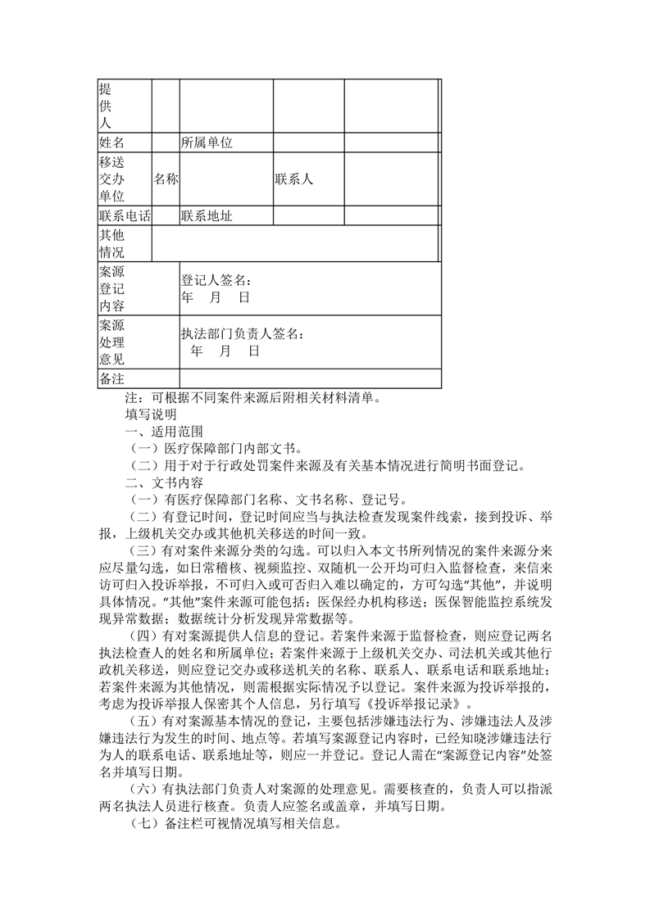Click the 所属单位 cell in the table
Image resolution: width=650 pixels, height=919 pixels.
tap(207, 143)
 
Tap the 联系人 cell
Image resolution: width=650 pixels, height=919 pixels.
tap(293, 179)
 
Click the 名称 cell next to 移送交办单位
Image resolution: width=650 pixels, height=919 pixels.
tap(166, 179)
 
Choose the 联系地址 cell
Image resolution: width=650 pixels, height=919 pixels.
tap(207, 216)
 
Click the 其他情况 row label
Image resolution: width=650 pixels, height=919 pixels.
tap(111, 243)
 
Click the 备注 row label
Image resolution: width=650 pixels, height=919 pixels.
tap(111, 378)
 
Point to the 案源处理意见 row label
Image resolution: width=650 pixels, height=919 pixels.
tap(111, 342)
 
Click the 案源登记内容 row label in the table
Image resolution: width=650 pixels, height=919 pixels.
tap(111, 288)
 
